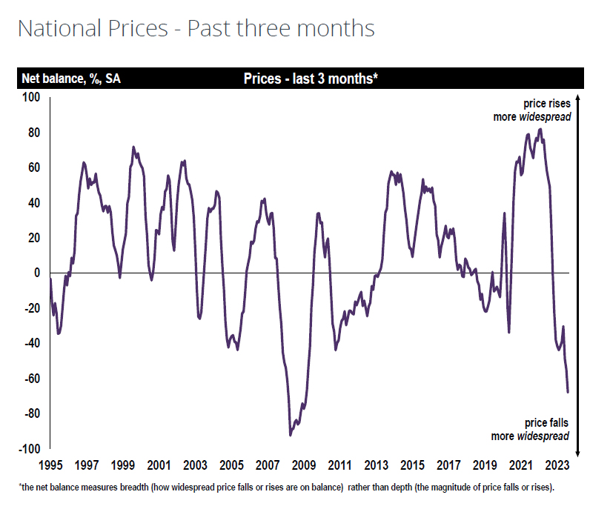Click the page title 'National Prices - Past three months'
tap(196, 29)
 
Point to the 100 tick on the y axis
tap(31, 97)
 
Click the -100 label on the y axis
tap(29, 449)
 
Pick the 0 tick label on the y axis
tap(36, 273)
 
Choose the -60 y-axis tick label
tap(31, 379)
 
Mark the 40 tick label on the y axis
tap(33, 203)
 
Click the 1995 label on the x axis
tap(50, 465)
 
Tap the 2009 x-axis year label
tap(304, 465)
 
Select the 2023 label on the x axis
tap(557, 465)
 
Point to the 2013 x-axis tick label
tap(377, 465)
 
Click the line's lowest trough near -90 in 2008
tap(291, 435)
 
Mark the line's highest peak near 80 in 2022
tap(540, 130)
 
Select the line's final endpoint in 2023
tap(568, 392)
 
